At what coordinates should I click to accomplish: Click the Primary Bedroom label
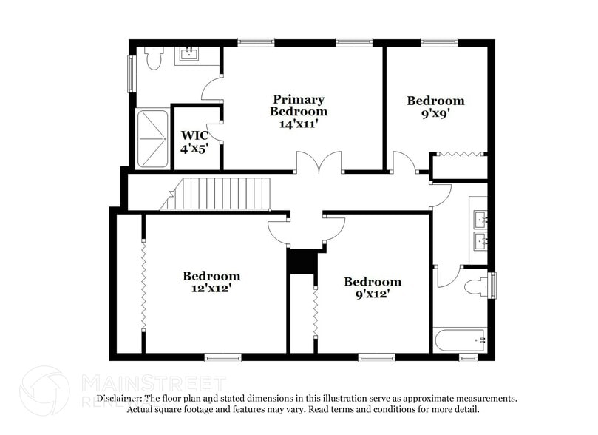point(299,111)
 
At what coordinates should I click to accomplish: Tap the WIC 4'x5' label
point(194,141)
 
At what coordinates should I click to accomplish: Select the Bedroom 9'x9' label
point(436,107)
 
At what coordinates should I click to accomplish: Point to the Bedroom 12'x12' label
point(211,282)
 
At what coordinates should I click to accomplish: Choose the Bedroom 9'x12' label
point(373,287)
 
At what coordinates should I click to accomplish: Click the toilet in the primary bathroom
point(154,58)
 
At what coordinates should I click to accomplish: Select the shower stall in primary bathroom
point(153,138)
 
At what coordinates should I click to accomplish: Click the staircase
point(217,194)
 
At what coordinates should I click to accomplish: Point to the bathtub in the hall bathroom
point(460,341)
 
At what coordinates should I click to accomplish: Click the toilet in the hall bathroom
point(478,286)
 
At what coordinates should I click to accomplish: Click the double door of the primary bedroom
point(319,163)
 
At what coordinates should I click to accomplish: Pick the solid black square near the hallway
point(302,262)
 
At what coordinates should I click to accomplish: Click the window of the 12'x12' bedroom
point(222,358)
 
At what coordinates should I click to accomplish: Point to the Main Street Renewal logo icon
point(44,390)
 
